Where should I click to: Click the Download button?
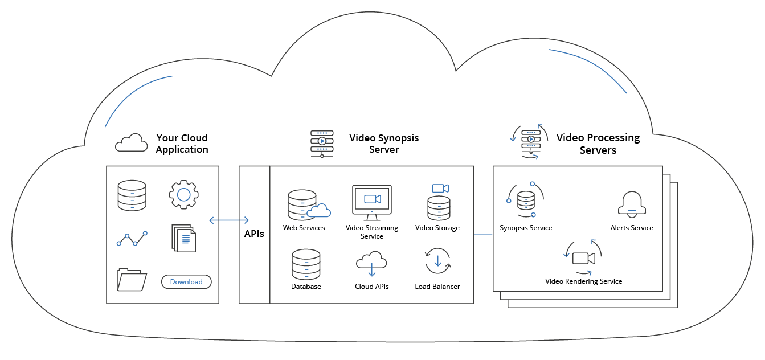pyautogui.click(x=186, y=282)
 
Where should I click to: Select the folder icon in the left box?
pyautogui.click(x=132, y=280)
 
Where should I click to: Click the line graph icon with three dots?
pyautogui.click(x=132, y=239)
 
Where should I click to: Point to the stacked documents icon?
pyautogui.click(x=183, y=238)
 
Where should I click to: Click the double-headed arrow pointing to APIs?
pyautogui.click(x=229, y=220)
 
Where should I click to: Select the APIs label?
pyautogui.click(x=254, y=234)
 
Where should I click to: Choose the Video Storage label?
pyautogui.click(x=437, y=228)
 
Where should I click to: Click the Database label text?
pyautogui.click(x=306, y=287)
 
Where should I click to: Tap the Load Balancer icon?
pyautogui.click(x=437, y=261)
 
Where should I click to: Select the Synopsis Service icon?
pyautogui.click(x=525, y=201)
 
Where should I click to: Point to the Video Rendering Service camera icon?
pyautogui.click(x=583, y=257)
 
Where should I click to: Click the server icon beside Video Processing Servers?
pyautogui.click(x=530, y=141)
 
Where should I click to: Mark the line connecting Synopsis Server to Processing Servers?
pyautogui.click(x=483, y=234)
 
